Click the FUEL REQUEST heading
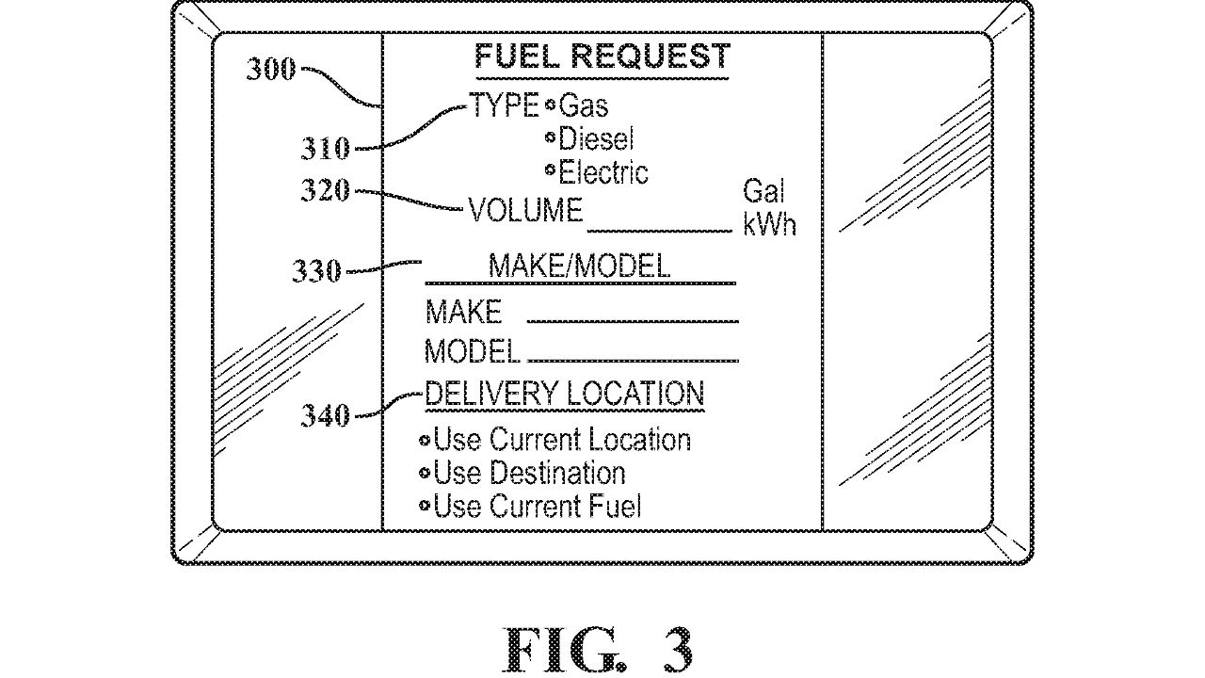602,57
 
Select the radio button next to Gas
551,105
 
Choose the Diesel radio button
551,138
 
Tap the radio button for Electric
551,171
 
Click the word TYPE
505,105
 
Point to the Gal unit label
763,192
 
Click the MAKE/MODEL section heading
579,266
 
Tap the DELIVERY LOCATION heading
564,394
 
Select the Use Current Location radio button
425,440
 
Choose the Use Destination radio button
425,473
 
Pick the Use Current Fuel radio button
425,507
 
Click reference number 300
271,69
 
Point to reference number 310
326,148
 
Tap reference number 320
326,190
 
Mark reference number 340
326,415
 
